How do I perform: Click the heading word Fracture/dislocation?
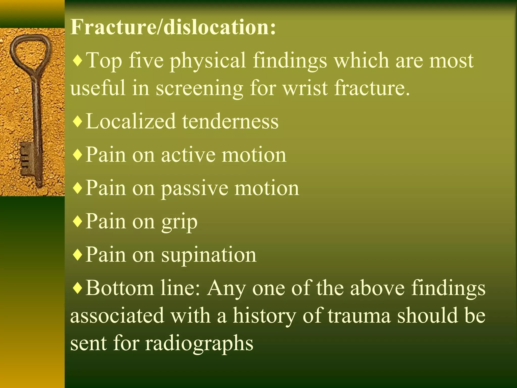173,27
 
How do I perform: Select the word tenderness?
230,121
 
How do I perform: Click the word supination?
209,255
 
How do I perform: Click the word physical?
208,61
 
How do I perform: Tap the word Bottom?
120,288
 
